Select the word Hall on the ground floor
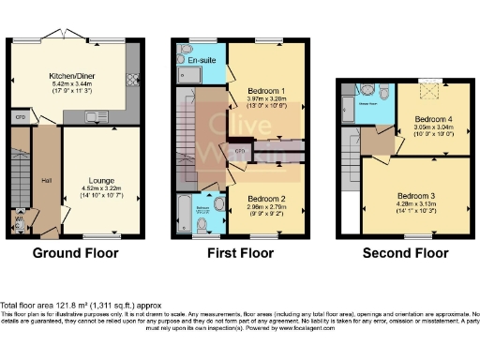[x=46, y=181]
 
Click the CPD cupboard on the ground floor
[x=20, y=117]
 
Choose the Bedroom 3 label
[x=419, y=196]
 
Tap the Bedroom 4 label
[x=431, y=118]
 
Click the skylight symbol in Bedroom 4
[x=432, y=91]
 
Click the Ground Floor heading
[x=73, y=253]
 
